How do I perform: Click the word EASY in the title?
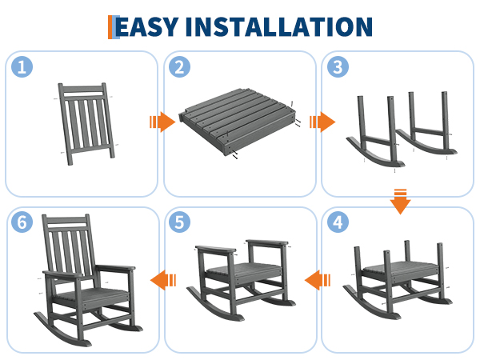pyautogui.click(x=146, y=26)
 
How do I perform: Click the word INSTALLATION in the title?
pyautogui.click(x=279, y=26)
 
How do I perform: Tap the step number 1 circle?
pyautogui.click(x=22, y=66)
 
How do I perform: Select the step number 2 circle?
pyautogui.click(x=180, y=66)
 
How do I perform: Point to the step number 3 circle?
pyautogui.click(x=338, y=66)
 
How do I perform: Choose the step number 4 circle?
pyautogui.click(x=338, y=222)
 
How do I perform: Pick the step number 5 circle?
pyautogui.click(x=180, y=222)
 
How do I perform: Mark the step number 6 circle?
pyautogui.click(x=22, y=222)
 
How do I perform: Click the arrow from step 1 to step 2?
pyautogui.click(x=162, y=122)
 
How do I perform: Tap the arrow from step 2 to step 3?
pyautogui.click(x=322, y=122)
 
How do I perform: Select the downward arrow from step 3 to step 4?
pyautogui.click(x=400, y=202)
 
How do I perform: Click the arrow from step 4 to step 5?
pyautogui.click(x=318, y=280)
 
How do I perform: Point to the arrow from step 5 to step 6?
pyautogui.click(x=163, y=280)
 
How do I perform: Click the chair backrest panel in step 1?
pyautogui.click(x=86, y=124)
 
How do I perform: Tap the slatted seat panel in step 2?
pyautogui.click(x=238, y=122)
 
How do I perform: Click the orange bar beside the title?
pyautogui.click(x=110, y=27)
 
